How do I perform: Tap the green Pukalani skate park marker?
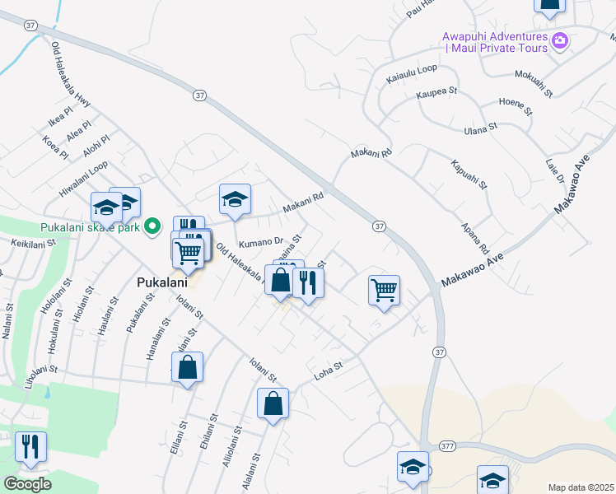(x=152, y=226)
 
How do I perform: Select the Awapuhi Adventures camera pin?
(x=560, y=40)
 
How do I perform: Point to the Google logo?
(x=27, y=484)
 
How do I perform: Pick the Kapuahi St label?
(x=469, y=174)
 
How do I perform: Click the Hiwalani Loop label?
(x=83, y=178)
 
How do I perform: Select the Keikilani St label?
(x=33, y=243)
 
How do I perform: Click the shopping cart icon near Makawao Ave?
(x=384, y=290)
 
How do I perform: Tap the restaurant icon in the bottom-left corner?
(x=30, y=446)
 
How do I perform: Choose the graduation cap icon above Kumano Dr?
(x=235, y=199)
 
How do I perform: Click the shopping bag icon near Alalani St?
(x=273, y=403)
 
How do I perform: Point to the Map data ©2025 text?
(x=581, y=487)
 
